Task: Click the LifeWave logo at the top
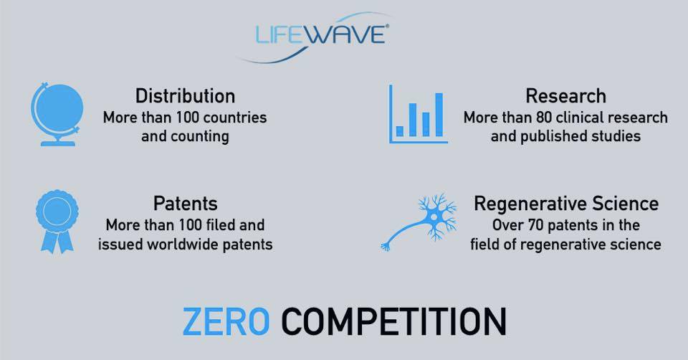(x=314, y=38)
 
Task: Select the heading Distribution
(x=185, y=96)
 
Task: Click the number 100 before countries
(x=188, y=118)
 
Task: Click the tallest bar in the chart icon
(x=439, y=115)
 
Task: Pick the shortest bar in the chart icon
(x=400, y=131)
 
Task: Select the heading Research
(x=566, y=96)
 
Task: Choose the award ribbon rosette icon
(x=57, y=222)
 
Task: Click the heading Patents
(x=185, y=204)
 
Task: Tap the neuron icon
(x=419, y=222)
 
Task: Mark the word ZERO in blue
(x=226, y=322)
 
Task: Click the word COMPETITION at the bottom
(x=393, y=322)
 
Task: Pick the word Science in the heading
(x=625, y=204)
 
